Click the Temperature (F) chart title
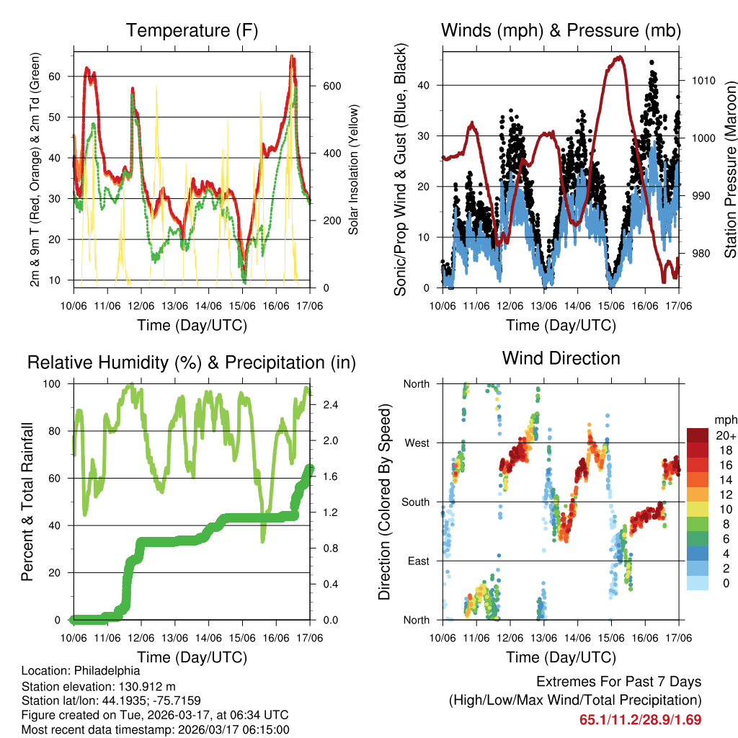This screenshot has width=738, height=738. (192, 31)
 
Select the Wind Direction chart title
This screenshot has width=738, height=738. (561, 358)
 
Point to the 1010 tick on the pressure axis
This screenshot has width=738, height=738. (703, 80)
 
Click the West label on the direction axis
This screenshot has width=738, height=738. (416, 443)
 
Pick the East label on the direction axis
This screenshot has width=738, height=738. (417, 561)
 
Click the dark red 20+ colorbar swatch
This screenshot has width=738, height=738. (698, 435)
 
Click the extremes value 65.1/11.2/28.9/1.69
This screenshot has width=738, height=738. (640, 719)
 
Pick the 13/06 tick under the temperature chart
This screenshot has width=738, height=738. (174, 306)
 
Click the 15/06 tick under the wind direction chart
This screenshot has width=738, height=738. (610, 638)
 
